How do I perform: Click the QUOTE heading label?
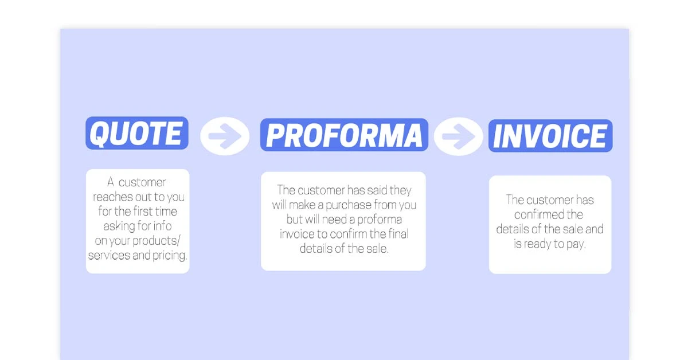(x=137, y=134)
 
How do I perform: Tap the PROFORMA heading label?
(x=344, y=135)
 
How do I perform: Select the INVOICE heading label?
(x=550, y=136)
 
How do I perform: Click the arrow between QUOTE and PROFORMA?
(x=225, y=136)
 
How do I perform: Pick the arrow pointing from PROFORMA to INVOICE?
(x=458, y=136)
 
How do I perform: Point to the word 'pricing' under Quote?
(x=170, y=256)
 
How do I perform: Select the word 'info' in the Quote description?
(x=162, y=226)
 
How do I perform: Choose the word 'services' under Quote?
(x=109, y=256)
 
